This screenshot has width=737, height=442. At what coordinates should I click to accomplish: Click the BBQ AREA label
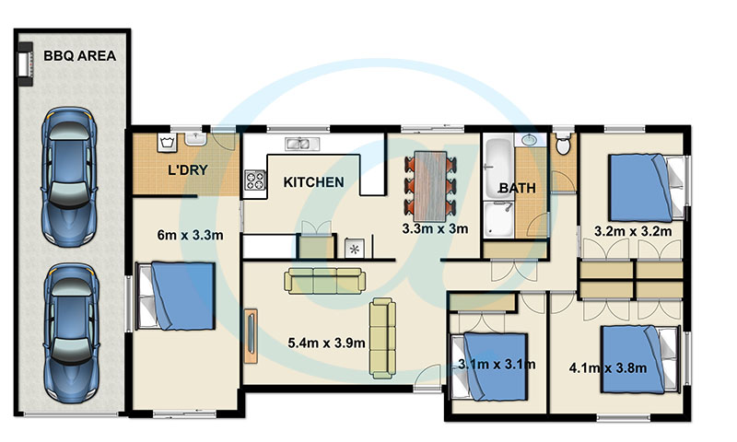79,56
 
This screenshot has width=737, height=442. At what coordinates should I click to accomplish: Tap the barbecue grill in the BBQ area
26,64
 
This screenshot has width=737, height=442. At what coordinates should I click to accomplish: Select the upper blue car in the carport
69,177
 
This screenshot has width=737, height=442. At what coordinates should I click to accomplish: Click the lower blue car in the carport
72,332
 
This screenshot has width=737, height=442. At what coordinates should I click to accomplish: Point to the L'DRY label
188,170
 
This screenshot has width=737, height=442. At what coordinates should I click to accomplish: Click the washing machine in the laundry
168,143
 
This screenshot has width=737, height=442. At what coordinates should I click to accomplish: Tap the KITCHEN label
313,182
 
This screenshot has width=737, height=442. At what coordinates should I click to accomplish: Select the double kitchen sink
302,144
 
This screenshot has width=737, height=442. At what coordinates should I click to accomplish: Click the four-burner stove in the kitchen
255,180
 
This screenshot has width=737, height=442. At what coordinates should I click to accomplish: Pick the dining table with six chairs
430,186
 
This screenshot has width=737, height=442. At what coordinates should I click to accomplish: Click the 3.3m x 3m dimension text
435,228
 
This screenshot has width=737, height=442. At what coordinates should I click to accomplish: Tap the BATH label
517,188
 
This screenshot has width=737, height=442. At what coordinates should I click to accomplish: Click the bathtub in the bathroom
498,166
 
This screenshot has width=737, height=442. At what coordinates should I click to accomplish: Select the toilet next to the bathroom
563,143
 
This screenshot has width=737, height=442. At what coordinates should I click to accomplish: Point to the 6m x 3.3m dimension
190,235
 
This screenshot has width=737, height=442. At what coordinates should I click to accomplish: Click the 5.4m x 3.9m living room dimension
326,343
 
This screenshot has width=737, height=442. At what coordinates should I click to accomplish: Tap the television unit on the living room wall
251,335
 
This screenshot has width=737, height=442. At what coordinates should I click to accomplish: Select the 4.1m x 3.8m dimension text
608,367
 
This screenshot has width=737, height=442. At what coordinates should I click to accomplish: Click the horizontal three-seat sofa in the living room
325,281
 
